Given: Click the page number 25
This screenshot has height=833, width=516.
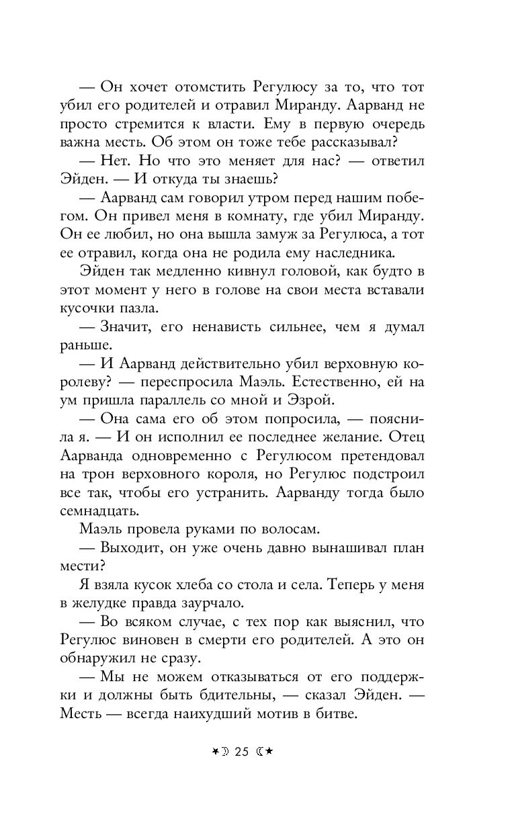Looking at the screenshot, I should [241, 752].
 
